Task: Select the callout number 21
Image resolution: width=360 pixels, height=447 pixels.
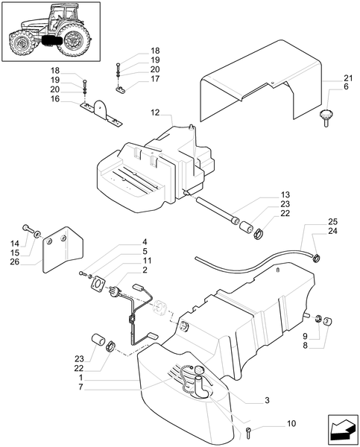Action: (x=348, y=77)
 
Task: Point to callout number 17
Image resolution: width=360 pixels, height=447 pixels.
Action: (x=155, y=78)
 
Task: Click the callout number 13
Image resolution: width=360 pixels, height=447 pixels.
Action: (x=285, y=193)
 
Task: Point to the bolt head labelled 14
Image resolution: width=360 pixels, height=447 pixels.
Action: (x=28, y=228)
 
